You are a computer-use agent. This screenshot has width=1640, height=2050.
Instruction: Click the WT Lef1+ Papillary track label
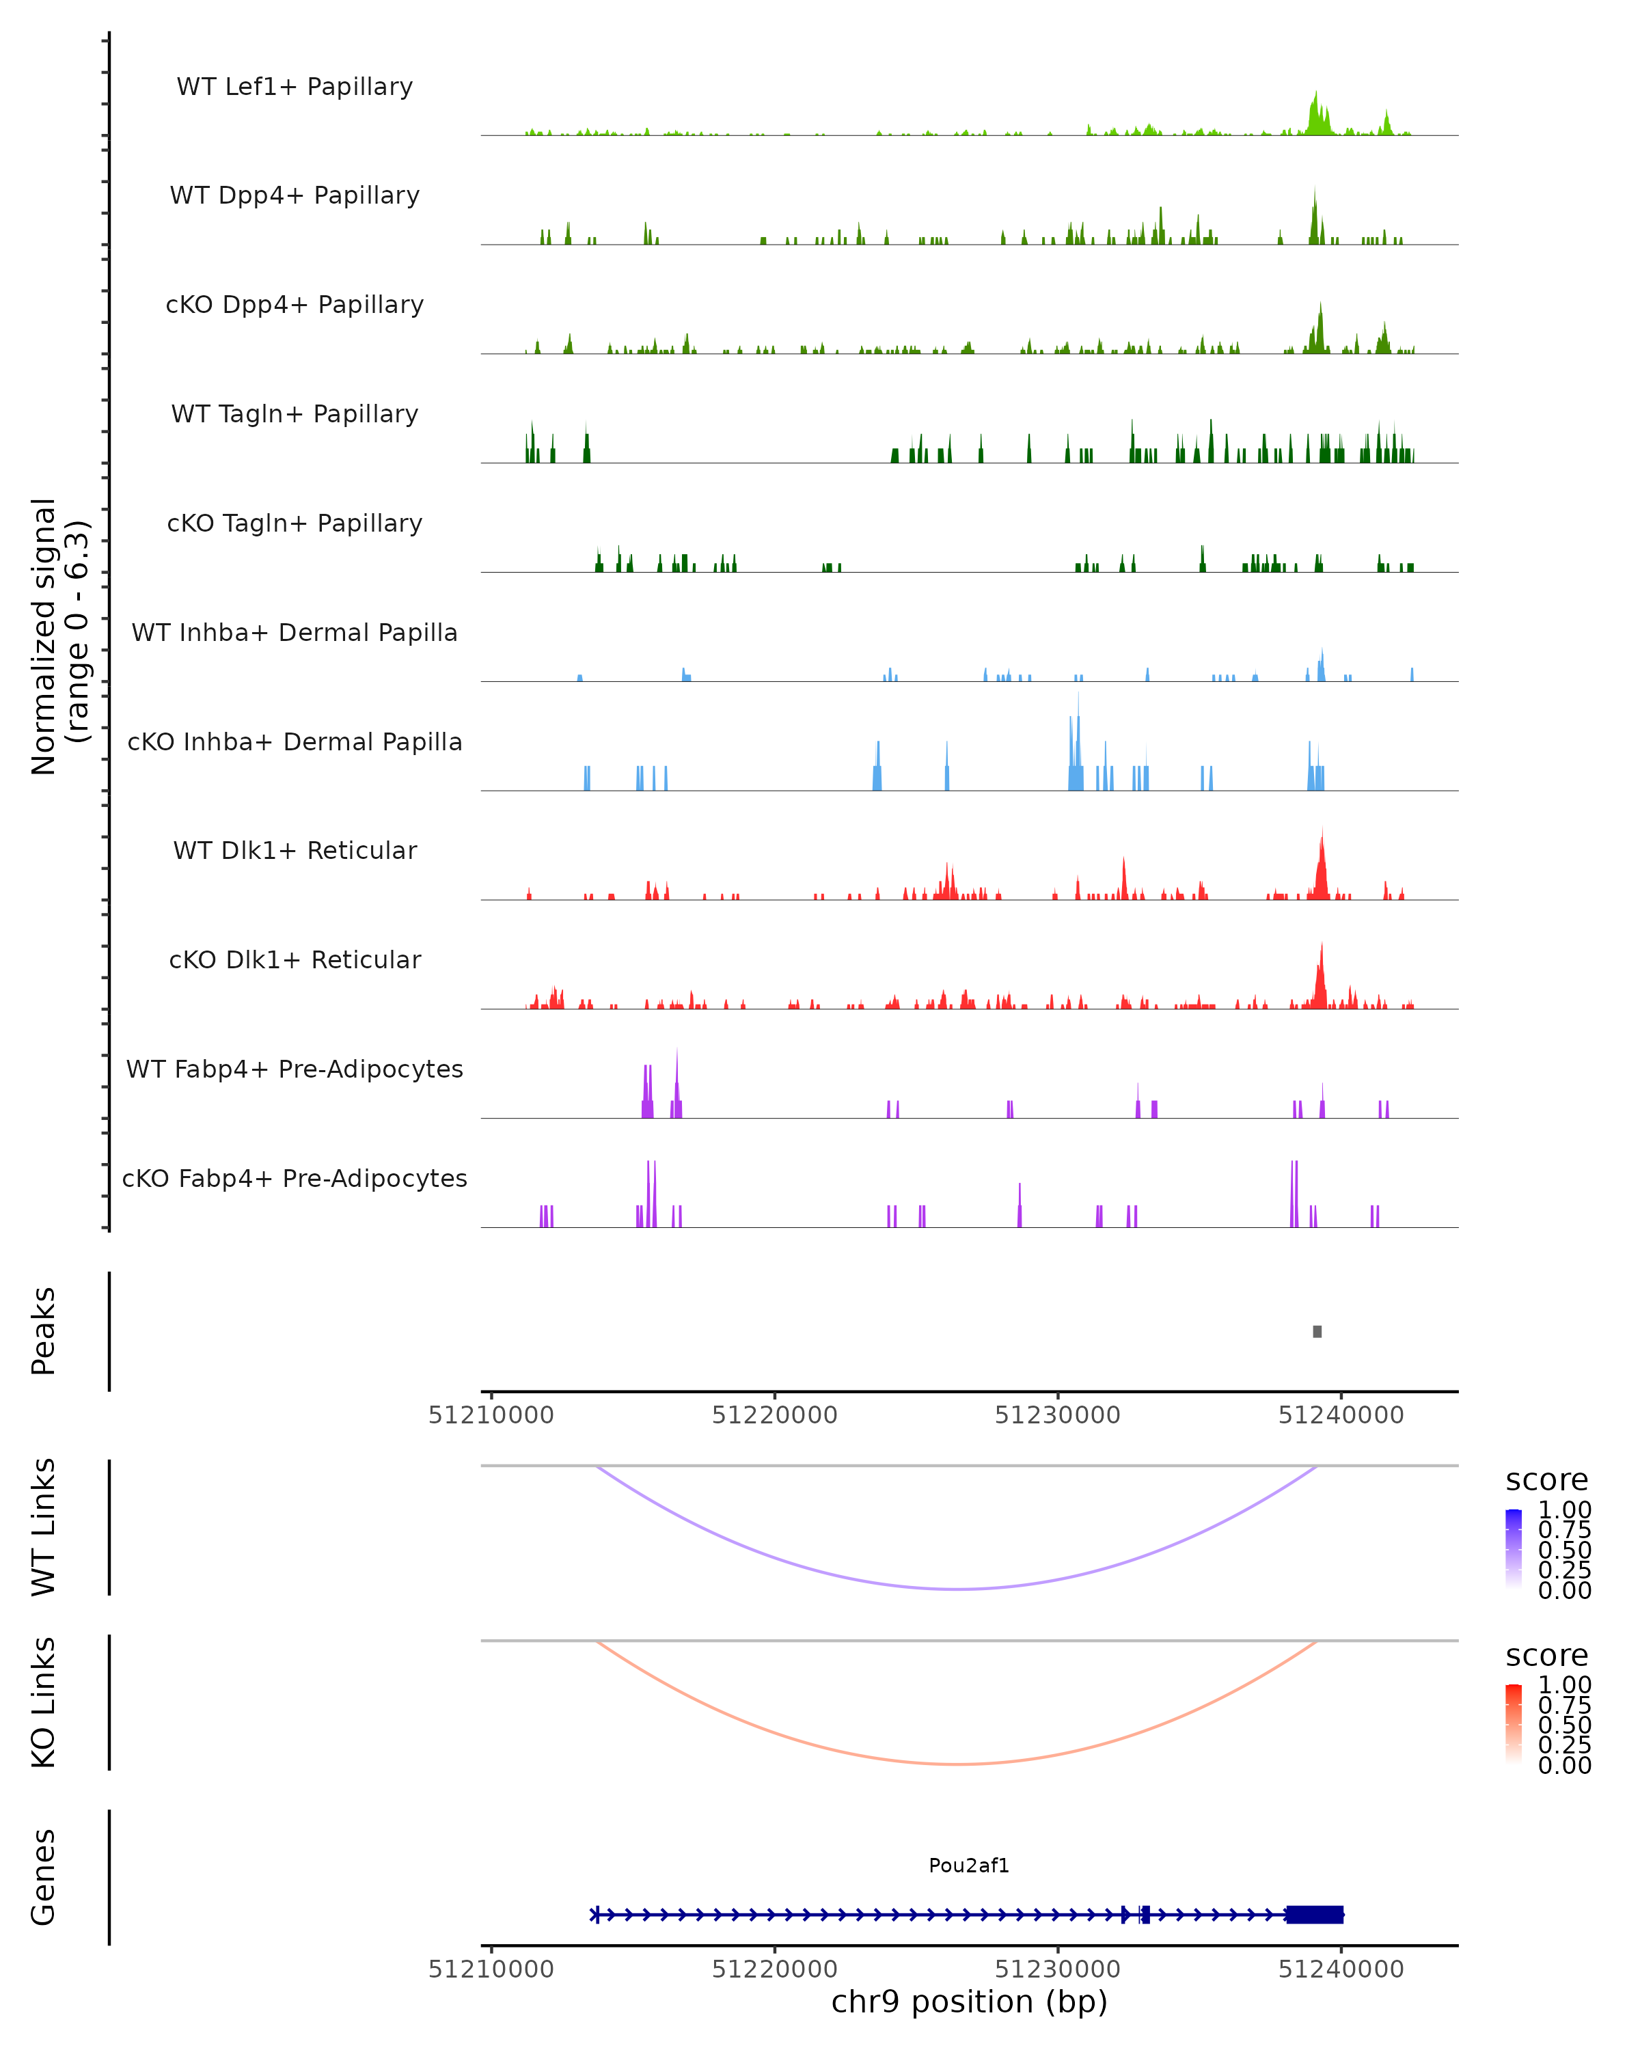click(295, 87)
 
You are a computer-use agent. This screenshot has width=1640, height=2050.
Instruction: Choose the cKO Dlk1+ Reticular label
click(295, 959)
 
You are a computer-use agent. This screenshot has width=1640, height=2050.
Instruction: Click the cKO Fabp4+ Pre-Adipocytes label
click(295, 1178)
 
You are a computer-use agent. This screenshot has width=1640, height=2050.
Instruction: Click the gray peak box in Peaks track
click(1317, 1331)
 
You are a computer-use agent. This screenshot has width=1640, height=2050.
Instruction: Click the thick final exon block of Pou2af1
click(1315, 1915)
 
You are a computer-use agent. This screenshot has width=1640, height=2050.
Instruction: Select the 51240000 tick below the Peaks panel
click(1341, 1415)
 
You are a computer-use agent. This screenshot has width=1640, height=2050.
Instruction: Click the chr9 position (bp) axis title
click(969, 2002)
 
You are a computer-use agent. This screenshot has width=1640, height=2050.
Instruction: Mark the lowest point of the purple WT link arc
click(958, 1589)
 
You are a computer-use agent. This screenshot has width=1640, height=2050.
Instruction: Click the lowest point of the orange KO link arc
click(958, 1764)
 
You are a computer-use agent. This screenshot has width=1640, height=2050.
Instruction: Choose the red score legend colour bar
click(1514, 1724)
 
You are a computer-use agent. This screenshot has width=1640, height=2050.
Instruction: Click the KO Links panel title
click(44, 1702)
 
